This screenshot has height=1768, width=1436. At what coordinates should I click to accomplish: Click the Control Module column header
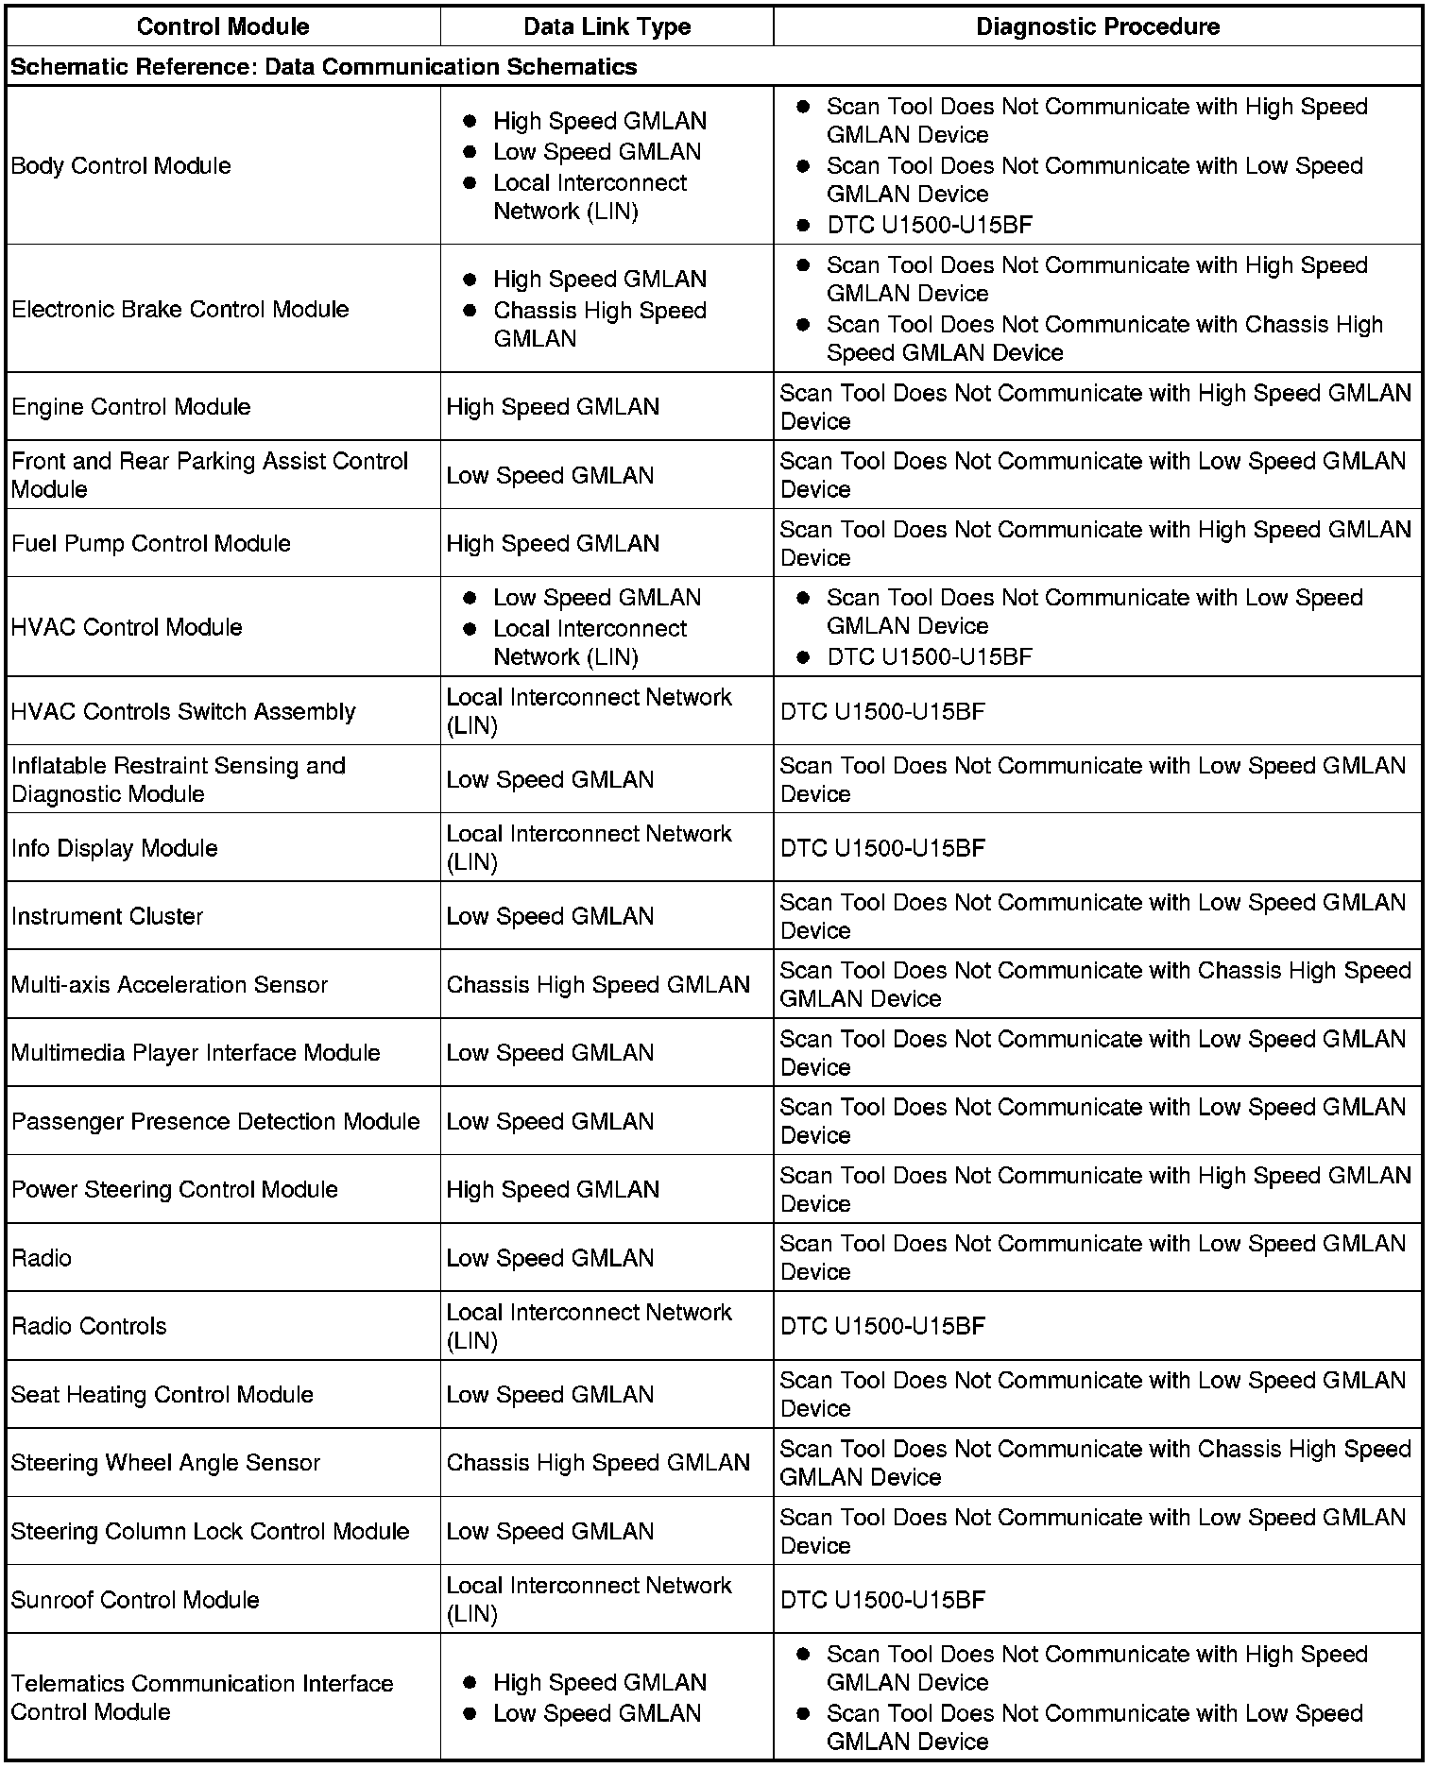pos(223,26)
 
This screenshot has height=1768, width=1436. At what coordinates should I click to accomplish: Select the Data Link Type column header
pos(607,26)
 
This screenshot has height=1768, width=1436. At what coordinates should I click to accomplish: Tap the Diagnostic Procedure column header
pos(1097,26)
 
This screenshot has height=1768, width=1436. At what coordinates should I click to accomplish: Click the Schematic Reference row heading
pos(324,67)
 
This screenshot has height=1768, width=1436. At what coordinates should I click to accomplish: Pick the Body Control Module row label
pos(121,166)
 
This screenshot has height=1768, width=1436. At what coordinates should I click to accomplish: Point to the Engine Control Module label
pos(131,407)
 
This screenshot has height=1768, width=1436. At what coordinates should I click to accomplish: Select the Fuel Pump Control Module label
pos(151,544)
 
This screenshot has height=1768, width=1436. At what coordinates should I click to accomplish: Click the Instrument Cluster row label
pos(107,916)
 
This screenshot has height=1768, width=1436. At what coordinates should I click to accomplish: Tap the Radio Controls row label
pos(89,1326)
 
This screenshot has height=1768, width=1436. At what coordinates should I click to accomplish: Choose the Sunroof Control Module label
pos(135,1600)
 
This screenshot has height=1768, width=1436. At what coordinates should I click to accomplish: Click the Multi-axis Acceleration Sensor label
pos(169,985)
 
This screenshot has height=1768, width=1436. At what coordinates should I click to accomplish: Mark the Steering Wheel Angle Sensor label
pos(165,1463)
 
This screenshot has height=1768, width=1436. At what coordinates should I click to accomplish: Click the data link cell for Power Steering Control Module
pos(553,1190)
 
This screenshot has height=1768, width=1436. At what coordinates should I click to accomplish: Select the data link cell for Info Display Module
pos(589,848)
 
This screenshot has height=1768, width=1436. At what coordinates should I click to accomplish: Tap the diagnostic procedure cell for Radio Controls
pos(882,1326)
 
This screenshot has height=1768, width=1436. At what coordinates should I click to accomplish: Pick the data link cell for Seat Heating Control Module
pos(550,1395)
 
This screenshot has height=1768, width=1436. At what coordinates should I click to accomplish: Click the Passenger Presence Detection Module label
pos(215,1121)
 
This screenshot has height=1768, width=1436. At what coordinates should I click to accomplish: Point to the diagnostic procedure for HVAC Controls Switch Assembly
pos(882,711)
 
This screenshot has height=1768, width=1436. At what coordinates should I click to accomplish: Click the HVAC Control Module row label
pos(127,627)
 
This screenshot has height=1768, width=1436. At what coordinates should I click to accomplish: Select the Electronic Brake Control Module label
pos(179,310)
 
